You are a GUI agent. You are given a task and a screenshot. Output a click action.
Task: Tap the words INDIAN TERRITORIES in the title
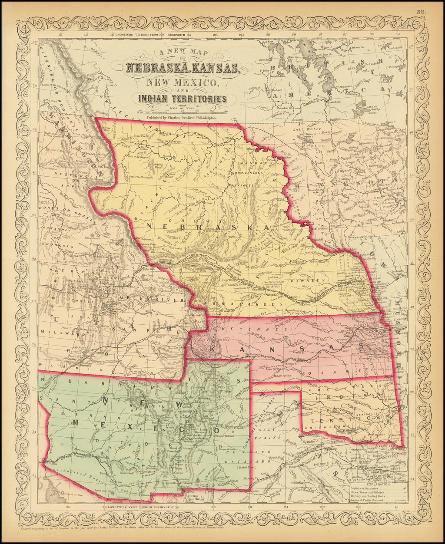182,99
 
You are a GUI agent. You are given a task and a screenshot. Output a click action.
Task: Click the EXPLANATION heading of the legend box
379,483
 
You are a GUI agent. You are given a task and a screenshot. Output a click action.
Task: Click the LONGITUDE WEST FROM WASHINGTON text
143,507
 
